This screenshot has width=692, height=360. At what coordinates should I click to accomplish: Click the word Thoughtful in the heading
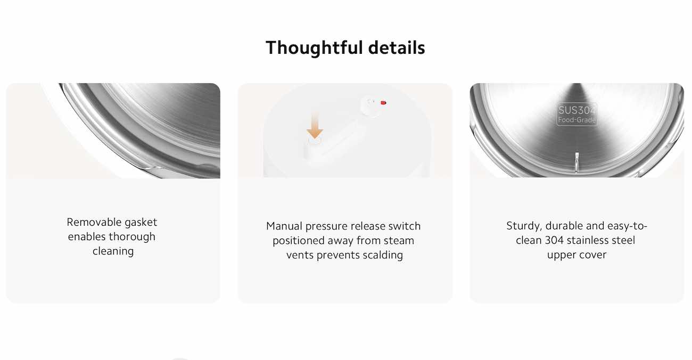(x=314, y=48)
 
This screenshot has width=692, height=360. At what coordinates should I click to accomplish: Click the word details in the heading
(x=397, y=48)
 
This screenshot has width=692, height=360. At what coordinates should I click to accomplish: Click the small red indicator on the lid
(x=383, y=103)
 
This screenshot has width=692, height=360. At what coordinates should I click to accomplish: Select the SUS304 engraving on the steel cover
(x=577, y=110)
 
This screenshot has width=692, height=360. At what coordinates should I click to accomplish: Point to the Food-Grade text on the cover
(x=577, y=120)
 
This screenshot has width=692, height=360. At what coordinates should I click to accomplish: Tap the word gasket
(x=141, y=223)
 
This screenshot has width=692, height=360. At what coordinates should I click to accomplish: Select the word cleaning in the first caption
(x=113, y=251)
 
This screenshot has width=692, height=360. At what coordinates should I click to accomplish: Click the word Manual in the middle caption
(x=284, y=226)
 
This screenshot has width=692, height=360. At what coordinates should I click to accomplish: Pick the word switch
(x=405, y=226)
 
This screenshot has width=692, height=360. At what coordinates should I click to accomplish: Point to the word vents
(x=300, y=256)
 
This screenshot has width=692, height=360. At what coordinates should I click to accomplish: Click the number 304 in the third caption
(x=555, y=240)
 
